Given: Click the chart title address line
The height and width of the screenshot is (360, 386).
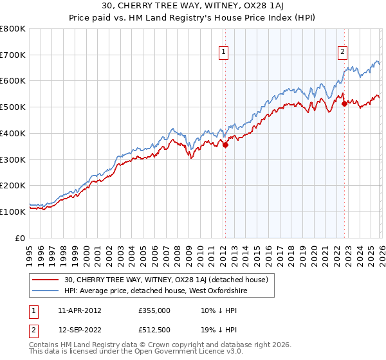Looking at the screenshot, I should [x=193, y=7].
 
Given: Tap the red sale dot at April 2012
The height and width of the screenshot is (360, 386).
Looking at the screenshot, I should [x=225, y=145].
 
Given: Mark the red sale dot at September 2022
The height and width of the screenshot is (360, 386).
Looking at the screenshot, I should [x=344, y=104].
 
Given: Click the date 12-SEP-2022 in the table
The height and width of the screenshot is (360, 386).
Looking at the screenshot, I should [x=79, y=329].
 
